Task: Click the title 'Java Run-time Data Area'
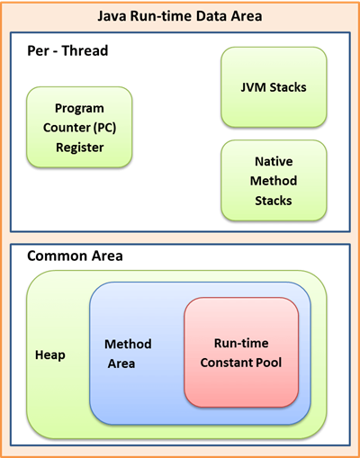coord(179,16)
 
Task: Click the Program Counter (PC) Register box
coord(79,127)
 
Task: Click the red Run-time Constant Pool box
coord(241,351)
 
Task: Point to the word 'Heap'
coord(50,355)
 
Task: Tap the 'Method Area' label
coord(128,353)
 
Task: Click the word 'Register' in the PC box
coord(79,147)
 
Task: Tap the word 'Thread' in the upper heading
coord(87,51)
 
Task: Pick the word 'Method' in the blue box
coord(128,344)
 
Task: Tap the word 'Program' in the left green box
coord(79,108)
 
